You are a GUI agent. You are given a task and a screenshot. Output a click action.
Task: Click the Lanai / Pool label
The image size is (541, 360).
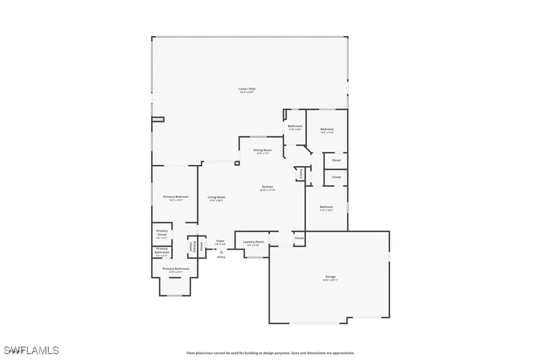(x=247, y=88)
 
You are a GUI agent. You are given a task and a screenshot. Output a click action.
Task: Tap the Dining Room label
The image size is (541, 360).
(x=263, y=150)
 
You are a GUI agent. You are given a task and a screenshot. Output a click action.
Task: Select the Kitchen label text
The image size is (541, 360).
(x=268, y=187)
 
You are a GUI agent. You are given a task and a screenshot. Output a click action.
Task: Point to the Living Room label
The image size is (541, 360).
(x=217, y=197)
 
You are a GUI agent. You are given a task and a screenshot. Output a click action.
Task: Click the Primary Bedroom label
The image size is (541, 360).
(x=175, y=197)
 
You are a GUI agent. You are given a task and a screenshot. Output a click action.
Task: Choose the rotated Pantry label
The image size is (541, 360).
(x=300, y=173)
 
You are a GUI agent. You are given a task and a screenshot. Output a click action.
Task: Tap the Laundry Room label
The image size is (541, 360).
(x=253, y=242)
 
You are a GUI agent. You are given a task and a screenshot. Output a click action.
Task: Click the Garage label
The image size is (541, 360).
(x=331, y=276)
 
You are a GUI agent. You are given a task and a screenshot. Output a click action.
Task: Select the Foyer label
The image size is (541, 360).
(x=220, y=241)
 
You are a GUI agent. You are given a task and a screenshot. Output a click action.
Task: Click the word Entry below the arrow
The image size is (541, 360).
(x=221, y=257)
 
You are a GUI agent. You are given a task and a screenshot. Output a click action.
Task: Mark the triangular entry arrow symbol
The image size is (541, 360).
(x=221, y=252)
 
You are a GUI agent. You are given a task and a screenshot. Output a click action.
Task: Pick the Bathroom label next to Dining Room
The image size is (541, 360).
(x=295, y=126)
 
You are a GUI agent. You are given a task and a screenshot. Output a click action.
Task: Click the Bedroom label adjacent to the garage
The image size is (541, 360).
(x=327, y=207)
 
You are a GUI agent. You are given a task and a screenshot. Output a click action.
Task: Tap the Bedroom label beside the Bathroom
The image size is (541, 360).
(x=327, y=129)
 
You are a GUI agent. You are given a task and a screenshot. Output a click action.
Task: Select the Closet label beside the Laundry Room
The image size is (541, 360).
(x=299, y=238)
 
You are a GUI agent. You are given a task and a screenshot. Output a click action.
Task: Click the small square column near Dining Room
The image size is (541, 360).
(x=237, y=163)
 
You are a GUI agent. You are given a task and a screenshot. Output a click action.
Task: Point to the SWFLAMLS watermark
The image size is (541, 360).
(x=32, y=350)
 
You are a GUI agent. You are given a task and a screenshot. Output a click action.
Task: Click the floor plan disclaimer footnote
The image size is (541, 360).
(x=270, y=353)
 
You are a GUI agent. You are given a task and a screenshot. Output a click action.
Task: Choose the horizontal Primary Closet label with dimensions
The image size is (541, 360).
(x=162, y=233)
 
